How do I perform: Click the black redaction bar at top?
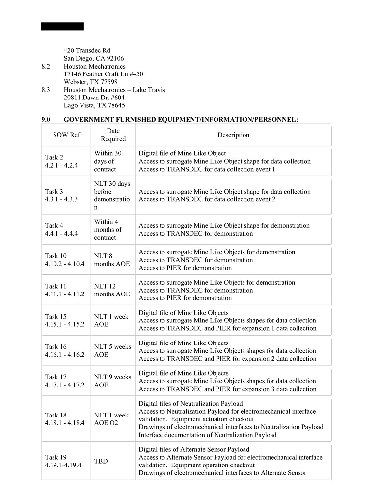coord(62,26)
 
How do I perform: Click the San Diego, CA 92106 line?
coord(94,58)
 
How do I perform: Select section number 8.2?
coord(46,66)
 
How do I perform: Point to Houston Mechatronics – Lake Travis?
coord(114,90)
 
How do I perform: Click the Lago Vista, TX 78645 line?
coord(94,105)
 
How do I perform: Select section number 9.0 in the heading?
coord(46,119)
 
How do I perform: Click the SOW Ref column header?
coord(66,135)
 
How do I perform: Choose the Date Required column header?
coord(113,135)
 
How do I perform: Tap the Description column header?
coord(234,135)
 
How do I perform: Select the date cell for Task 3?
coord(112,196)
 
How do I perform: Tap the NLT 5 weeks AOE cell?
coord(112,351)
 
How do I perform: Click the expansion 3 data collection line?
coord(228,389)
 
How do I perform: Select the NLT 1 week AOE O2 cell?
coord(111,419)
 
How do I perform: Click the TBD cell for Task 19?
coord(101,461)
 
